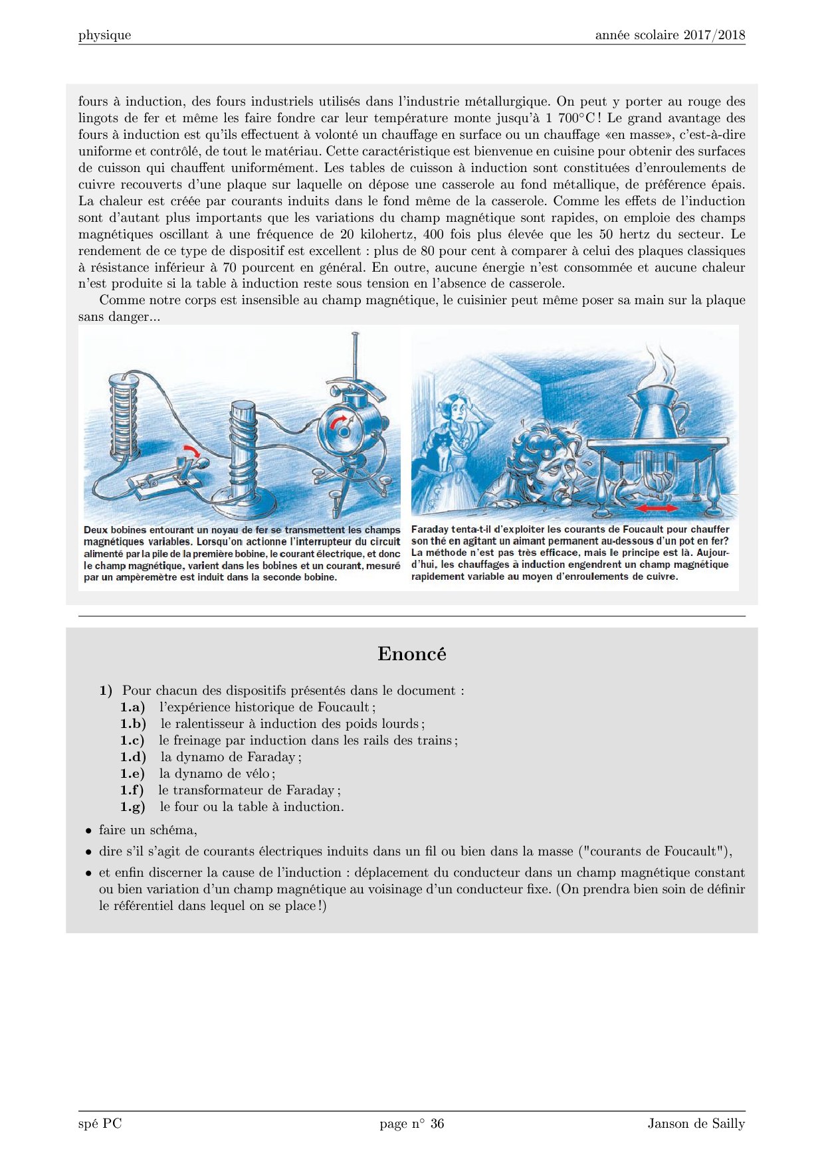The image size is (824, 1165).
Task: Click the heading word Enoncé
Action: click(411, 654)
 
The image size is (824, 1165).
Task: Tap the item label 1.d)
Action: click(133, 757)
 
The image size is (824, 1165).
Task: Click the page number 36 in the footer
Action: click(437, 1124)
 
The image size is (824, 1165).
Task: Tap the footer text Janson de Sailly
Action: click(696, 1124)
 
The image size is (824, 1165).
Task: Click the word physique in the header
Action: click(104, 35)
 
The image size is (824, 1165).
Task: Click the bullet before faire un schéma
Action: click(88, 831)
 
